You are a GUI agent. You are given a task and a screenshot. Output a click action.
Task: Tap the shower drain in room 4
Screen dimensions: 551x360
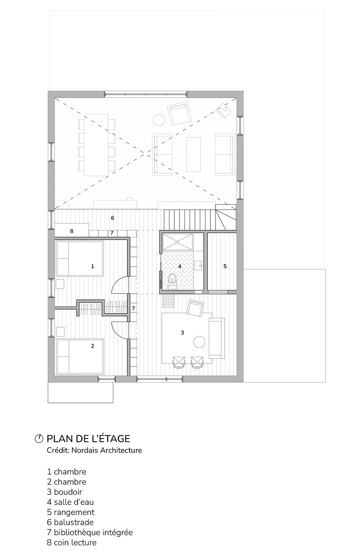[178, 242]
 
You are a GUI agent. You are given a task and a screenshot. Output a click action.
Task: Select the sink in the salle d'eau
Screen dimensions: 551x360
[198, 265]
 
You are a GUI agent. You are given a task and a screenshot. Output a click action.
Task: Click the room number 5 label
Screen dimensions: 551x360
[225, 266]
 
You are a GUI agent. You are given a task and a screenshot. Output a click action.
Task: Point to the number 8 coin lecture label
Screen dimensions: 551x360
[72, 231]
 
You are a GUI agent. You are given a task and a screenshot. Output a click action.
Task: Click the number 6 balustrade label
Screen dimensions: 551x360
[112, 218]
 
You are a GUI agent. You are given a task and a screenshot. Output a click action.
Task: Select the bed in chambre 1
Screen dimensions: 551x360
[79, 259]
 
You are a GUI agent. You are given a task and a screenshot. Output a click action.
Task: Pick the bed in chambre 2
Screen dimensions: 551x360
[80, 356]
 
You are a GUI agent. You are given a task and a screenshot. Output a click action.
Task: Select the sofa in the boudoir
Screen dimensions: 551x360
[216, 338]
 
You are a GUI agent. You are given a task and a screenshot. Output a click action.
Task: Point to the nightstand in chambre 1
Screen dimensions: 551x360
[60, 284]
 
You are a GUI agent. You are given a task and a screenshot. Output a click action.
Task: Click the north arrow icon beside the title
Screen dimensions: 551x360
[39, 439]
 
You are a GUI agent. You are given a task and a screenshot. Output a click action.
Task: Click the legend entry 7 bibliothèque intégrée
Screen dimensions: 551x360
[90, 532]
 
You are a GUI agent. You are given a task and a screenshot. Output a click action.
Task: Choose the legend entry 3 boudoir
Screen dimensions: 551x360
[64, 492]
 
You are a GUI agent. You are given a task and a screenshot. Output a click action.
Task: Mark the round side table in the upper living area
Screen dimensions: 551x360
[159, 120]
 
